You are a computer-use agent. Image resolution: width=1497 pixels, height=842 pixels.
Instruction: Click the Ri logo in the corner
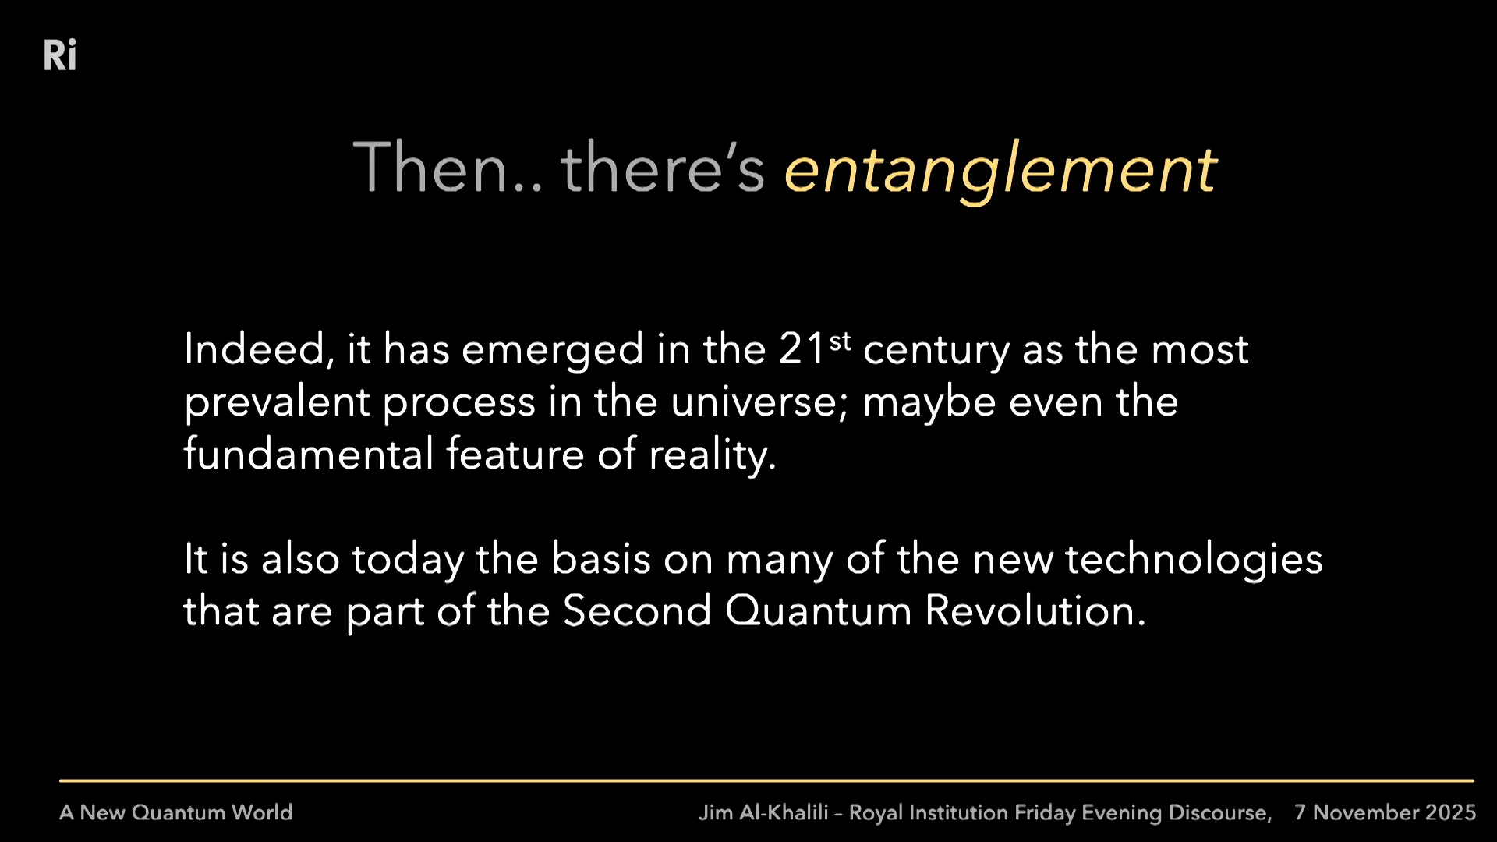pyautogui.click(x=60, y=55)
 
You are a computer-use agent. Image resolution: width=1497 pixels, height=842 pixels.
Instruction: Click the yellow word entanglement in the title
pyautogui.click(x=1000, y=169)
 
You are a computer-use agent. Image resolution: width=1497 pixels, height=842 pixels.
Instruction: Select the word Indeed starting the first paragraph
pyautogui.click(x=254, y=348)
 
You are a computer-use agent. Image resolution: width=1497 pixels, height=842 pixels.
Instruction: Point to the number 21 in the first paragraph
pyautogui.click(x=802, y=348)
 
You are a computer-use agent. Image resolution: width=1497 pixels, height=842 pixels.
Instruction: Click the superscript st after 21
pyautogui.click(x=840, y=341)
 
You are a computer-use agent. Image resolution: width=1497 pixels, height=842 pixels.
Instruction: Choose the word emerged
pyautogui.click(x=552, y=350)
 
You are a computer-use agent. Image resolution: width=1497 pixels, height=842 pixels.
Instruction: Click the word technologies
pyautogui.click(x=1194, y=559)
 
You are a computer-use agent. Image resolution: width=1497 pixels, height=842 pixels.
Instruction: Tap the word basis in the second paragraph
pyautogui.click(x=600, y=559)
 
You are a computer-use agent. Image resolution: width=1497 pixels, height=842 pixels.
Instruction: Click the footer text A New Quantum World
pyautogui.click(x=176, y=812)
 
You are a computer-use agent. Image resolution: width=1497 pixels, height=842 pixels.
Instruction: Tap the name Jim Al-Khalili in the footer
pyautogui.click(x=763, y=812)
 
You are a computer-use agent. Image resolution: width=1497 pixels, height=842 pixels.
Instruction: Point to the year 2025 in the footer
pyautogui.click(x=1451, y=812)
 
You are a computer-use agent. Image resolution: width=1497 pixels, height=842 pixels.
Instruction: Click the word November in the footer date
pyautogui.click(x=1365, y=812)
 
